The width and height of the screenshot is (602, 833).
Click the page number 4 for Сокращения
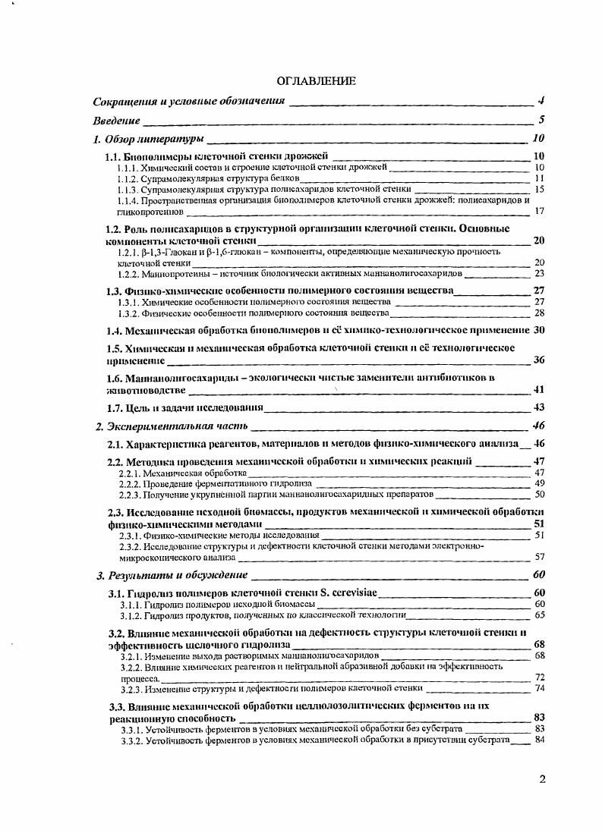pos(541,101)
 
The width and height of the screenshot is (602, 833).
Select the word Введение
pos(116,120)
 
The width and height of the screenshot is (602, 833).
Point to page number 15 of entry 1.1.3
pos(540,189)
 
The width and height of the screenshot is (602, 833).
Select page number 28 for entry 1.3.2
pos(540,313)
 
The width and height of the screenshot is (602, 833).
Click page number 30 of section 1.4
pos(540,330)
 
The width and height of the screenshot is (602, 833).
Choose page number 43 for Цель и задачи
pos(540,407)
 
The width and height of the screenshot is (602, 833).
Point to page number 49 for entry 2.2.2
pos(540,483)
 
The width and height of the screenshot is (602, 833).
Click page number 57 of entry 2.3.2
pos(540,556)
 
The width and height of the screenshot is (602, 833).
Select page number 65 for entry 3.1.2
pos(540,615)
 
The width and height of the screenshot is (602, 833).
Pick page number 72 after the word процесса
pos(540,677)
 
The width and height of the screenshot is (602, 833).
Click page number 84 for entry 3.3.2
pos(540,740)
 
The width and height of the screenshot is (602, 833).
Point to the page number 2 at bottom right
pos(542,779)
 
